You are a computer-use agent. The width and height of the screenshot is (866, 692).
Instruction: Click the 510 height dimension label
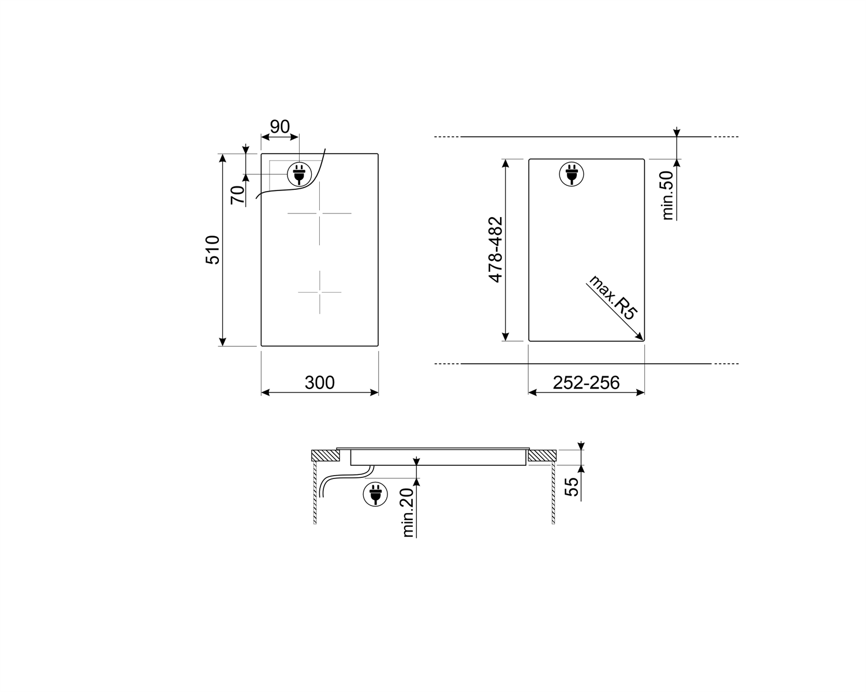(212, 250)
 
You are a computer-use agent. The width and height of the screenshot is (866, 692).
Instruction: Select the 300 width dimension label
(319, 383)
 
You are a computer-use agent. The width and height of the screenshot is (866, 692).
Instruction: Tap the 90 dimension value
(279, 127)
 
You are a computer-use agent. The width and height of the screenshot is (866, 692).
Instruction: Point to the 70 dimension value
(237, 195)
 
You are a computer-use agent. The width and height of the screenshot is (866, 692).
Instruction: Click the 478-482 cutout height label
(495, 249)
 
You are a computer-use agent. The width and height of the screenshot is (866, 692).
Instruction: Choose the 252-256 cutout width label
(586, 383)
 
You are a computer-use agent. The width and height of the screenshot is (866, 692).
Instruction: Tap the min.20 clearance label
(408, 513)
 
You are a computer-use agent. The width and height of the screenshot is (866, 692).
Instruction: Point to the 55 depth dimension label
(571, 487)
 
